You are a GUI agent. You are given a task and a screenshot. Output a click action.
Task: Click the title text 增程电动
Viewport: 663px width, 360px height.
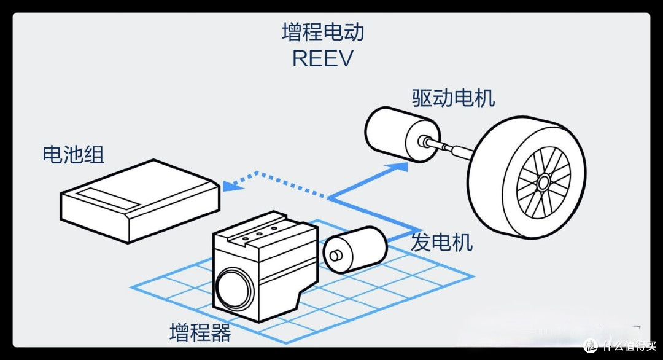(x=323, y=32)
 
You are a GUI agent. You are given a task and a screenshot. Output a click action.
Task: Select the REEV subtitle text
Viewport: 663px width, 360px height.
(x=323, y=58)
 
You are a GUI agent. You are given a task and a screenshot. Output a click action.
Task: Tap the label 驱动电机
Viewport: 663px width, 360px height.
(x=453, y=98)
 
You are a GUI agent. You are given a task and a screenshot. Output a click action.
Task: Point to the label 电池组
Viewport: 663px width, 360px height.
(x=73, y=154)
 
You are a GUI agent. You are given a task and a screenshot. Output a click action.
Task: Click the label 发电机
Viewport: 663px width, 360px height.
(x=441, y=243)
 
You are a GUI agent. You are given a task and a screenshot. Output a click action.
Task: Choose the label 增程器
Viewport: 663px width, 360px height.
(x=200, y=332)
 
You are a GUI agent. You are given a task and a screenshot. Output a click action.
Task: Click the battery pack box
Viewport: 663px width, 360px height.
(x=140, y=200)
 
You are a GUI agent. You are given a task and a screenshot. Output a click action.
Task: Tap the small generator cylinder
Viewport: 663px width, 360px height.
(x=355, y=250)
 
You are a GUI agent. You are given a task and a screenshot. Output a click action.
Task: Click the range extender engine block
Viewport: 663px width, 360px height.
(x=265, y=267)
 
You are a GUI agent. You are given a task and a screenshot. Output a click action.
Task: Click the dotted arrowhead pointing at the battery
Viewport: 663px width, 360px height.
(x=231, y=186)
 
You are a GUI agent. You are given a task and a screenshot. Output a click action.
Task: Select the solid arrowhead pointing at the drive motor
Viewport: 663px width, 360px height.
(x=399, y=166)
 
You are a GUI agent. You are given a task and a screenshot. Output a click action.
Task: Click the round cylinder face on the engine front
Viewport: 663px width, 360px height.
(x=235, y=288)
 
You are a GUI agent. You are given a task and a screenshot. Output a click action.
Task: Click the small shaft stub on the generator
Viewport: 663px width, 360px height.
(x=336, y=256)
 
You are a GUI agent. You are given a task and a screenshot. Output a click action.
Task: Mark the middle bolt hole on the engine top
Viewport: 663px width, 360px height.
(x=259, y=233)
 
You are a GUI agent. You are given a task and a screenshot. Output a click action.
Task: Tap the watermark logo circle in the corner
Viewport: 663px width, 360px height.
(x=591, y=346)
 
